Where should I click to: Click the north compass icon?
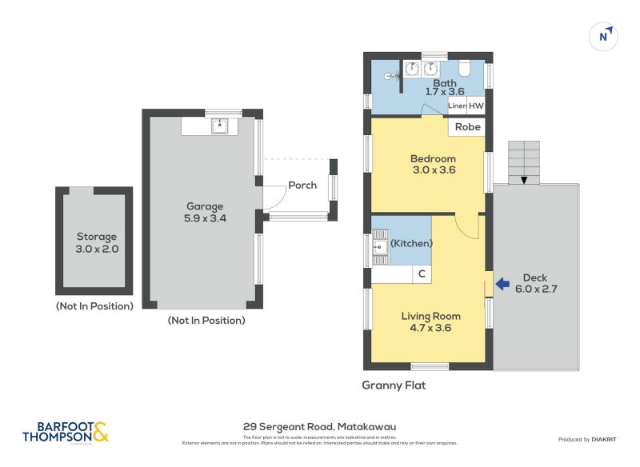pos(605,36)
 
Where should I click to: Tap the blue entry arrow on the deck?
pos(502,283)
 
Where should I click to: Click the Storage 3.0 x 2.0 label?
pos(97,242)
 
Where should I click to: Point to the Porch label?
pos(302,186)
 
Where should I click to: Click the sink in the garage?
pos(219,126)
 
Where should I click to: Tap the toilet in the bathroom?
pos(465,69)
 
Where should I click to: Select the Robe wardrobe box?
pos(468,127)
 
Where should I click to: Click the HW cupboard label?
pos(476,106)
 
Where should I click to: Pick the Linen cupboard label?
pos(457,106)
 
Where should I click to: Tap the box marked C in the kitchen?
pos(422,274)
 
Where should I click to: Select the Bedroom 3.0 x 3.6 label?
pos(433,164)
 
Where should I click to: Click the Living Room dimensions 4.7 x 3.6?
pos(431,327)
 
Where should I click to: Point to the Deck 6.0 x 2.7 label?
pos(534,284)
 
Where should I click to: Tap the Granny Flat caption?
pos(394,385)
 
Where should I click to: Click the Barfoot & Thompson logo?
pos(65,432)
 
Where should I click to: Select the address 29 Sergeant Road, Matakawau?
pos(319,427)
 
